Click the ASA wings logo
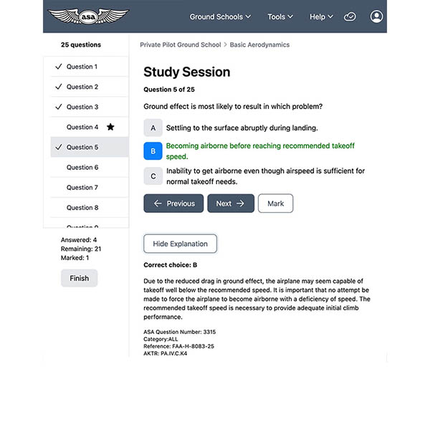point(89,16)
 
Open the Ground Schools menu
point(220,16)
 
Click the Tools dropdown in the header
point(280,16)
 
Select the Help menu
point(321,16)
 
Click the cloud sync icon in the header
point(350,16)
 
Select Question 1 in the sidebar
point(82,67)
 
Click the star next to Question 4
point(110,127)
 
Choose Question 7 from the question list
point(82,187)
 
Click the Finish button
point(79,278)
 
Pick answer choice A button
point(153,128)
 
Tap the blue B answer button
point(153,151)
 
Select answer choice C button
point(153,176)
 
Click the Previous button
point(173,204)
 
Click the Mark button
point(275,204)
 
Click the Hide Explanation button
point(180,244)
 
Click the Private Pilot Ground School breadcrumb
point(180,44)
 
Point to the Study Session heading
point(186,72)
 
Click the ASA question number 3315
point(209,332)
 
